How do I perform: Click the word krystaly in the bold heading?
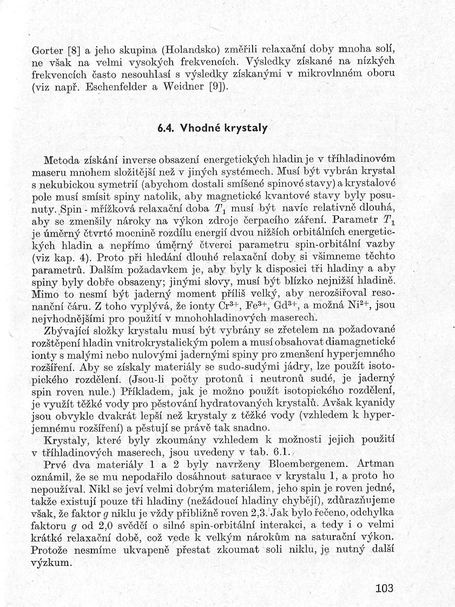click(246, 129)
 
